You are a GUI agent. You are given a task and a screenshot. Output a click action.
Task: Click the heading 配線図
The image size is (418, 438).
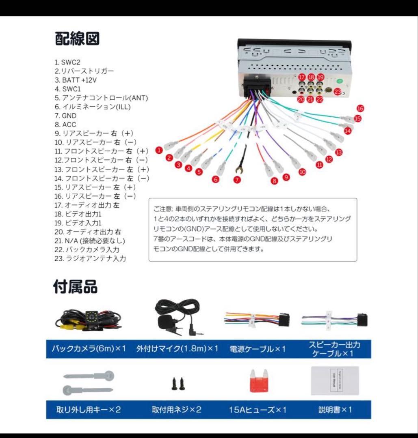[x=77, y=39]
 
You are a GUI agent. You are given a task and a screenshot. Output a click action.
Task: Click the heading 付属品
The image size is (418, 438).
[x=76, y=287]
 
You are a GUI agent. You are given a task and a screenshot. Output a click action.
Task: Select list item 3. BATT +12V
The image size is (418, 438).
[x=76, y=80]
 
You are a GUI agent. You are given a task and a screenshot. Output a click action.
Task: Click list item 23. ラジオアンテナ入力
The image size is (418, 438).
[x=90, y=258]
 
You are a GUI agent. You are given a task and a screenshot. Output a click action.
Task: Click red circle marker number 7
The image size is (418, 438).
[x=237, y=179]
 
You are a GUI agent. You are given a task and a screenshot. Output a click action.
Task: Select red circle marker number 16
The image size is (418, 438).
[x=360, y=108]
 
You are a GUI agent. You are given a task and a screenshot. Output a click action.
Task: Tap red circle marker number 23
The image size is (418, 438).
[x=337, y=92]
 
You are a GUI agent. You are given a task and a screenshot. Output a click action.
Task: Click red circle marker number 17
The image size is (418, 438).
[x=301, y=77]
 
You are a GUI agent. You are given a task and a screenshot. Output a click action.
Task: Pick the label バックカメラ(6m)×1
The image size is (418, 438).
[x=89, y=349]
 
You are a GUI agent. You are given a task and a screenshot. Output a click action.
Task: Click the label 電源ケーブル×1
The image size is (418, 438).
[x=258, y=349]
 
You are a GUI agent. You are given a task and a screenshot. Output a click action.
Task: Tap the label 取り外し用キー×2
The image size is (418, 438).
[x=89, y=409]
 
